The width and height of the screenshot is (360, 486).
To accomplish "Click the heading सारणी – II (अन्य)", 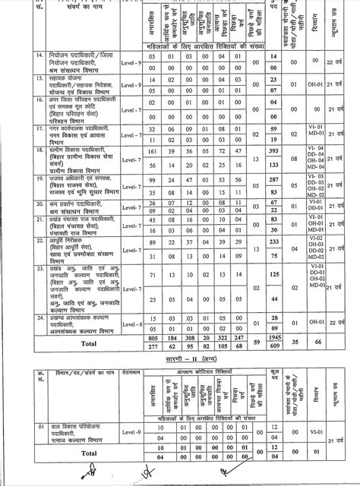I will (x=179, y=363).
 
